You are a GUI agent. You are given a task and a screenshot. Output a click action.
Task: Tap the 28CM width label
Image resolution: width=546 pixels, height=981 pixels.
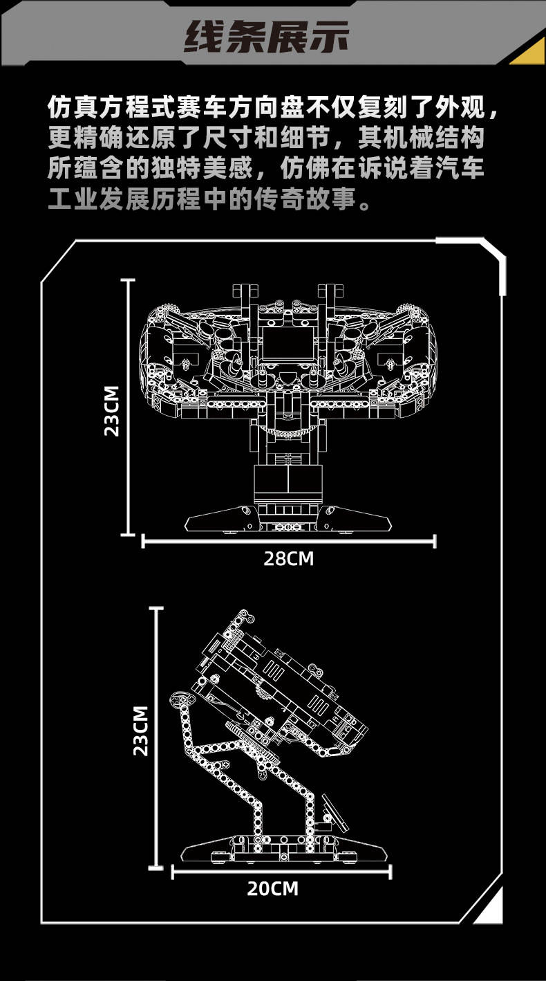click(x=288, y=558)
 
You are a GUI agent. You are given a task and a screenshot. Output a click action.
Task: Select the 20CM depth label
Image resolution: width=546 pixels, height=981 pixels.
click(x=273, y=888)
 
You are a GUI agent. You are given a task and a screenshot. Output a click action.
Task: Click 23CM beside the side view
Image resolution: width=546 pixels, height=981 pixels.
click(x=141, y=730)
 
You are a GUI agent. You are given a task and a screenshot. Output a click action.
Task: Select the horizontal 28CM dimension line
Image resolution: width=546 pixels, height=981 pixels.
click(x=288, y=540)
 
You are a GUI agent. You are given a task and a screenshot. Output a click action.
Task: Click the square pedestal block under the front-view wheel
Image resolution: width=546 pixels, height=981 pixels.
click(x=288, y=482)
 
